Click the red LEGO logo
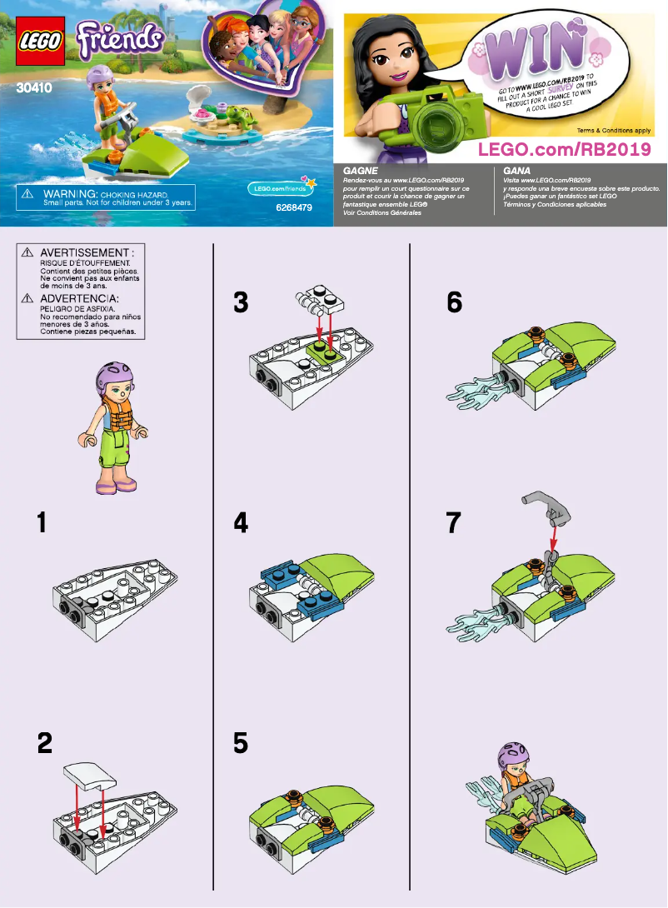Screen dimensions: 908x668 click(37, 41)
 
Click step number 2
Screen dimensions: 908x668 click(44, 742)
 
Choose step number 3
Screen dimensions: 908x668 click(241, 303)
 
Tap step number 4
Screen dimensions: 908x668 click(241, 523)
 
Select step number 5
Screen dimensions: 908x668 click(241, 742)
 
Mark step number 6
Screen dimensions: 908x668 click(454, 303)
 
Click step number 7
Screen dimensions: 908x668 click(454, 523)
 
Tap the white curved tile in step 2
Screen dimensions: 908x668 click(87, 776)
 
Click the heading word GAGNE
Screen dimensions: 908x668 click(361, 169)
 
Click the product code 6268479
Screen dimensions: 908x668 click(293, 208)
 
